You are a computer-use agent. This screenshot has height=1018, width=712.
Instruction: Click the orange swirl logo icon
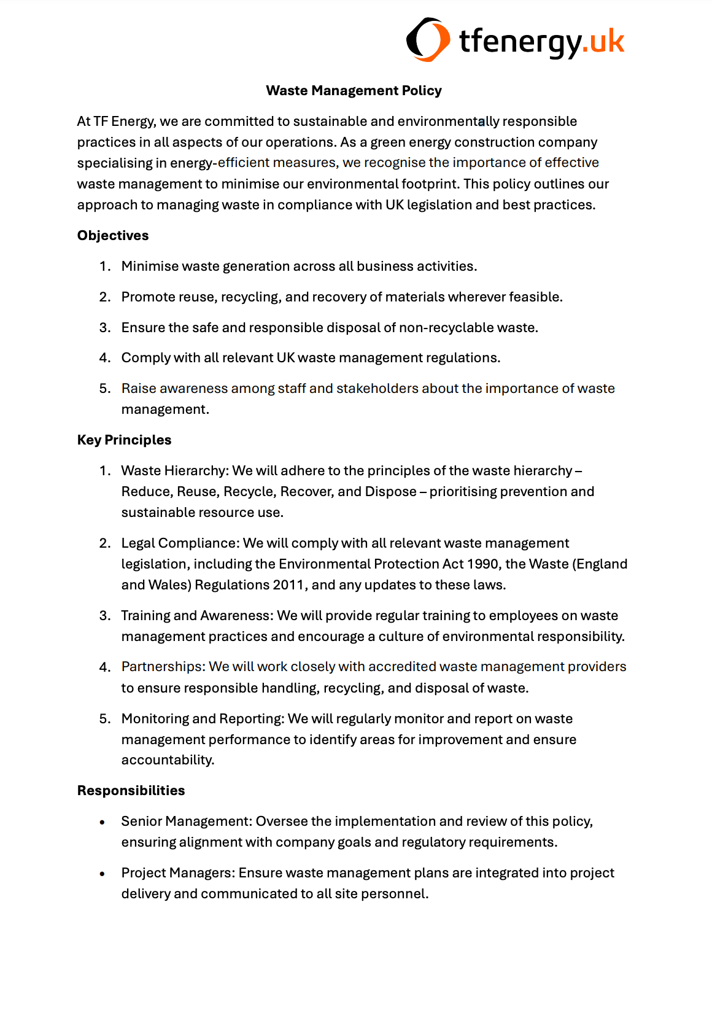[424, 40]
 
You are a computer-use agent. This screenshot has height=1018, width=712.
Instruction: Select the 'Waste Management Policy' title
[354, 90]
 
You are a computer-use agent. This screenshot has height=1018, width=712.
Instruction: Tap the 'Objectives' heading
[113, 235]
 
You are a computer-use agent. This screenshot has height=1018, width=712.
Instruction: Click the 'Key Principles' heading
[124, 440]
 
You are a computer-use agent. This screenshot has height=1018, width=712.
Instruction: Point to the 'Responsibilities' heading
[131, 790]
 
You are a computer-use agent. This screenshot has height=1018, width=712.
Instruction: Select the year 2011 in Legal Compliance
[288, 585]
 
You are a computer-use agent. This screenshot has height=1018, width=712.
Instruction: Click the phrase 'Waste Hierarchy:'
[175, 470]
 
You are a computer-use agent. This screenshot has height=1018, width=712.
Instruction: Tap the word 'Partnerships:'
[163, 666]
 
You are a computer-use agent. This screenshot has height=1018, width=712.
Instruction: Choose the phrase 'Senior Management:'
[187, 821]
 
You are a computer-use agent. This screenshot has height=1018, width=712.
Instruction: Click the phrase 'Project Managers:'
[178, 872]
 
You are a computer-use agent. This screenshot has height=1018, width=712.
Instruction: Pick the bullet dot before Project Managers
[103, 874]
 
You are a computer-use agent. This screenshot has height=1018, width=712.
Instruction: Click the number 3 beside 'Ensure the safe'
[105, 327]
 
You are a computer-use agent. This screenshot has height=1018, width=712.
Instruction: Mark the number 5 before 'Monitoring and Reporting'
[105, 718]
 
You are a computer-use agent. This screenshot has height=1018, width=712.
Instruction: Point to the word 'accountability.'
[168, 760]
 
